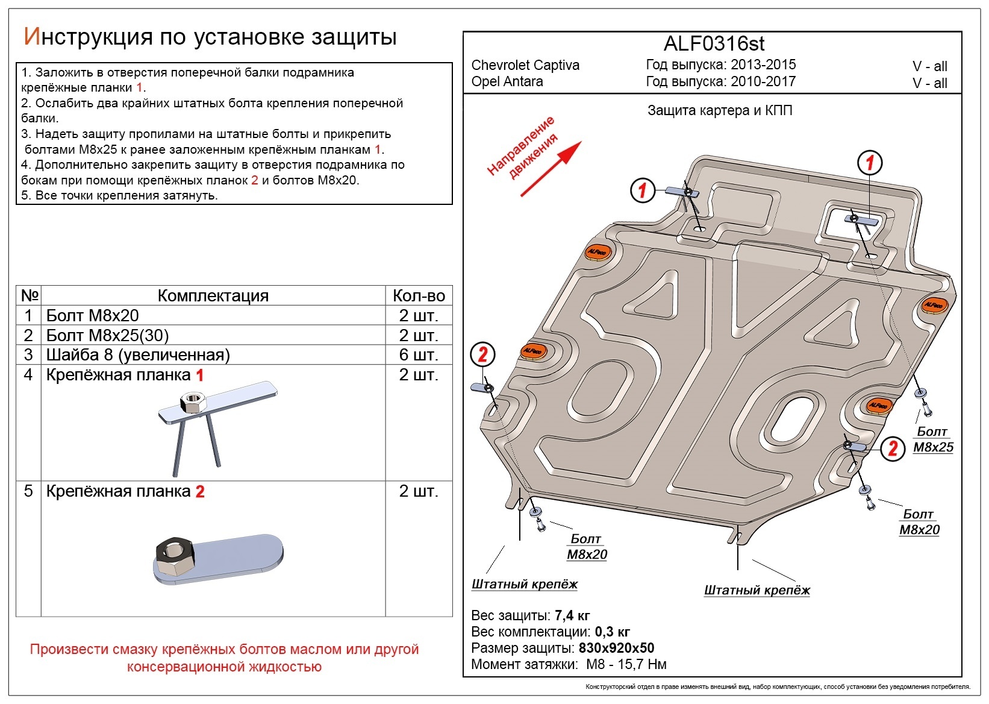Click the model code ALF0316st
[x=714, y=44]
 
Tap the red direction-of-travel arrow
[x=551, y=169]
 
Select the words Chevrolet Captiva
[x=525, y=65]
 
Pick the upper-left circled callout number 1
[x=642, y=190]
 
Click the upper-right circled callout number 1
[x=869, y=162]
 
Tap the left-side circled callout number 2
[x=482, y=354]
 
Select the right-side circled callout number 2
[x=893, y=448]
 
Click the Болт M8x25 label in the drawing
[x=933, y=439]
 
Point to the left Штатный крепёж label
[x=524, y=584]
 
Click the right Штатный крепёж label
[x=757, y=590]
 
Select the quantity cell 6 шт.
[x=418, y=354]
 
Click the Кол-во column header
[x=419, y=295]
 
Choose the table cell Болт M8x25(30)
[x=107, y=335]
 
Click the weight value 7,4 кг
[x=572, y=615]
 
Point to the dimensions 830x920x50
[x=616, y=648]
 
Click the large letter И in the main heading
[x=31, y=37]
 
